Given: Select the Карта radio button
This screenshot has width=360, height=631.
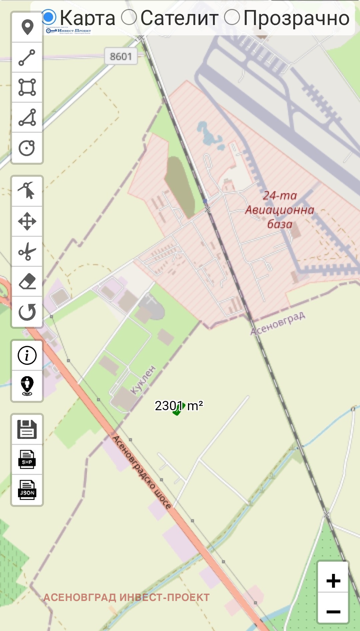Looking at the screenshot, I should (49, 17).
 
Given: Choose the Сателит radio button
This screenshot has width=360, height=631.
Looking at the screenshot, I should (129, 17).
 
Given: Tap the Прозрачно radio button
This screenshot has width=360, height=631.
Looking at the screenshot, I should (232, 17).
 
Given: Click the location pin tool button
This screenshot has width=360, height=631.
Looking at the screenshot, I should (27, 27).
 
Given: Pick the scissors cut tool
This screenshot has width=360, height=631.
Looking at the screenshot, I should (27, 251).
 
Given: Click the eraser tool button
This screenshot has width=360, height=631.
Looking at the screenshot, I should (27, 281).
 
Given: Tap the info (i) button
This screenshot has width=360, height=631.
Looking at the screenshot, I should (27, 355).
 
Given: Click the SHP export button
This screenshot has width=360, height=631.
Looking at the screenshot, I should (27, 459).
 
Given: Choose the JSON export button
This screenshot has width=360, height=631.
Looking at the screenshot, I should (27, 490).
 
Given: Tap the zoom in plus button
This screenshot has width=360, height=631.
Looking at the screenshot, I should (333, 581).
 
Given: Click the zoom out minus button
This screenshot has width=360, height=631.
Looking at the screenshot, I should (333, 611).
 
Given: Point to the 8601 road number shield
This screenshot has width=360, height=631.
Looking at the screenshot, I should (121, 56).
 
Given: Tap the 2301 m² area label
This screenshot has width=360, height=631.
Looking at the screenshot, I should (179, 406).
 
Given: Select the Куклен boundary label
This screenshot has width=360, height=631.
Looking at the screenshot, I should (143, 380).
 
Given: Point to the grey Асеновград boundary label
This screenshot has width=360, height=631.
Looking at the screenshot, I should (278, 323).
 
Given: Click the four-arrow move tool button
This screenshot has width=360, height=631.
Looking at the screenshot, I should (27, 221).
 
